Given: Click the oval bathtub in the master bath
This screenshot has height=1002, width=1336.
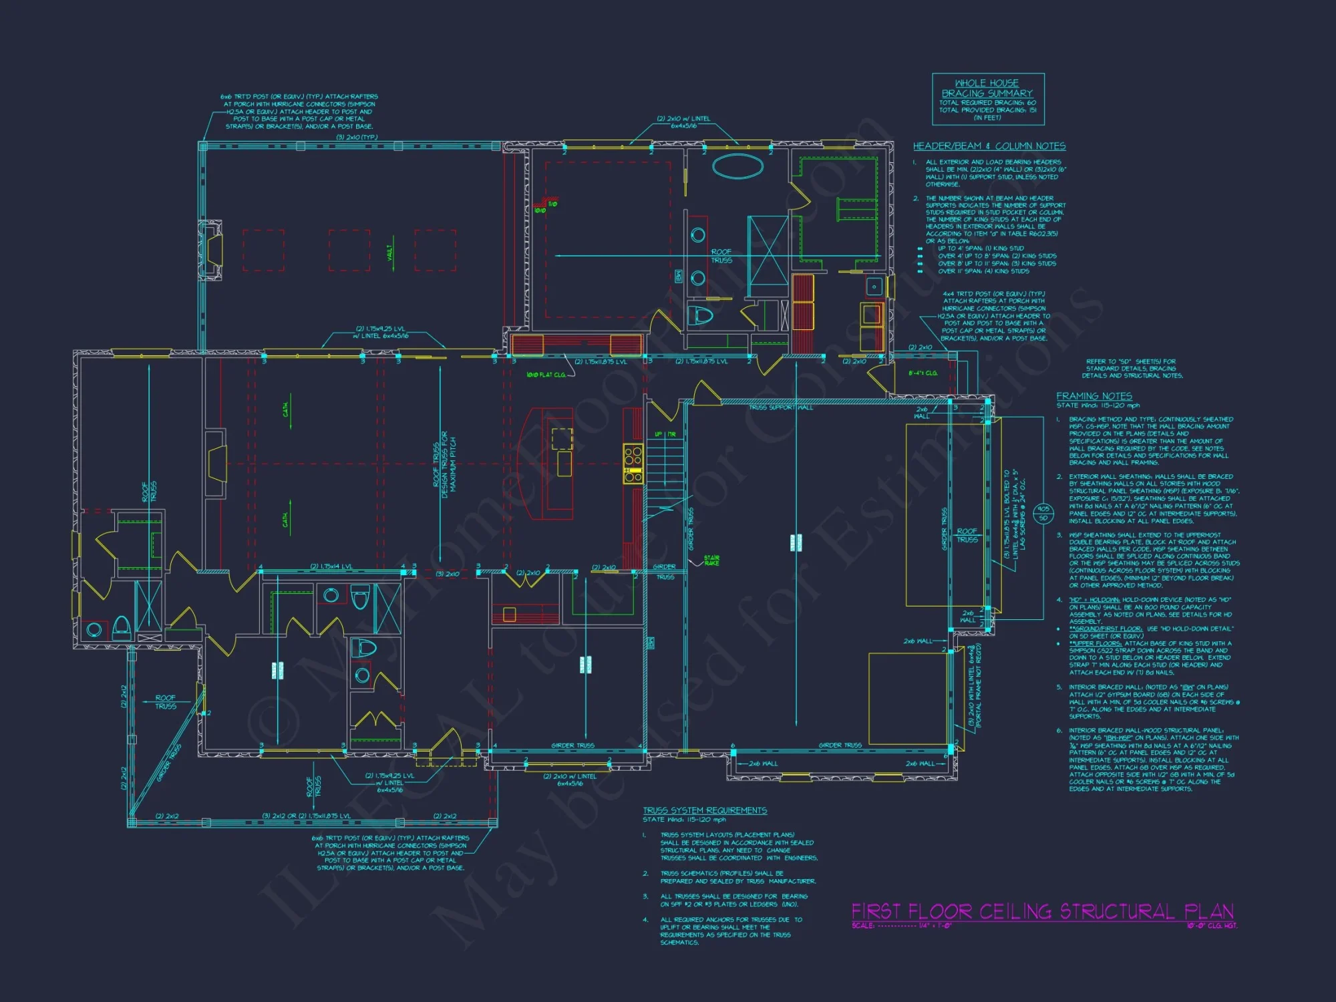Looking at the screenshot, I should pyautogui.click(x=737, y=166).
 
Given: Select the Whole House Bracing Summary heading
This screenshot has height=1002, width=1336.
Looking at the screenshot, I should pyautogui.click(x=987, y=88).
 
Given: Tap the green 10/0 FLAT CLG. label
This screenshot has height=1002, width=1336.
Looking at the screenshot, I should pyautogui.click(x=546, y=375).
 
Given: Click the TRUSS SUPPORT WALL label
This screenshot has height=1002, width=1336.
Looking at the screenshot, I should pyautogui.click(x=781, y=407).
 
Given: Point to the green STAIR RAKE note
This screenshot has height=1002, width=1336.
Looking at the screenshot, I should pyautogui.click(x=711, y=560).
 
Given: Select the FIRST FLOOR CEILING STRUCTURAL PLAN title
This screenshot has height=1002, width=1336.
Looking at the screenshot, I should pyautogui.click(x=1042, y=912).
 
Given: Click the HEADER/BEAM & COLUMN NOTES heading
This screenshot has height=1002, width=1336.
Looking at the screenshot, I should pyautogui.click(x=989, y=146).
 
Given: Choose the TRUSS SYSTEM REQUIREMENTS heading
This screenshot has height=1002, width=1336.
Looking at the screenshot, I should pyautogui.click(x=705, y=810).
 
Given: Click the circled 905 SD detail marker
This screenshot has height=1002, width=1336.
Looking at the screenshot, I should pyautogui.click(x=1043, y=514).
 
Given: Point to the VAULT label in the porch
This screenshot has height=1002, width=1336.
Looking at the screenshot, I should pyautogui.click(x=390, y=253).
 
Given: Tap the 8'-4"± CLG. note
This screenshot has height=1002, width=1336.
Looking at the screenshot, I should pyautogui.click(x=923, y=373).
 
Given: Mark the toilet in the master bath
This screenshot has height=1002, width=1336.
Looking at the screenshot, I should pyautogui.click(x=701, y=315).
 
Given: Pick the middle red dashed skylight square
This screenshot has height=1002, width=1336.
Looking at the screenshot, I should pyautogui.click(x=349, y=251).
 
